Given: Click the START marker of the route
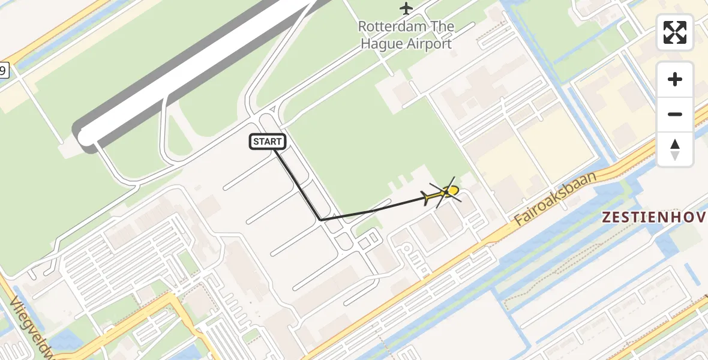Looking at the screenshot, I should tap(268, 142).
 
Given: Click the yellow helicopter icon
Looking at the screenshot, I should tap(444, 193).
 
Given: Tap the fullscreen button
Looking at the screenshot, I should tap(675, 32).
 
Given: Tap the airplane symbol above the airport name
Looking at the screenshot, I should tap(406, 8).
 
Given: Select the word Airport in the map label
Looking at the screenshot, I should tap(428, 44).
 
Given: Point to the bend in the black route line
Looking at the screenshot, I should tap(322, 220).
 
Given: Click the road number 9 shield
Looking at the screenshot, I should tap(4, 71).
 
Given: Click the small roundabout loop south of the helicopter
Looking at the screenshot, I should tap(406, 248).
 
